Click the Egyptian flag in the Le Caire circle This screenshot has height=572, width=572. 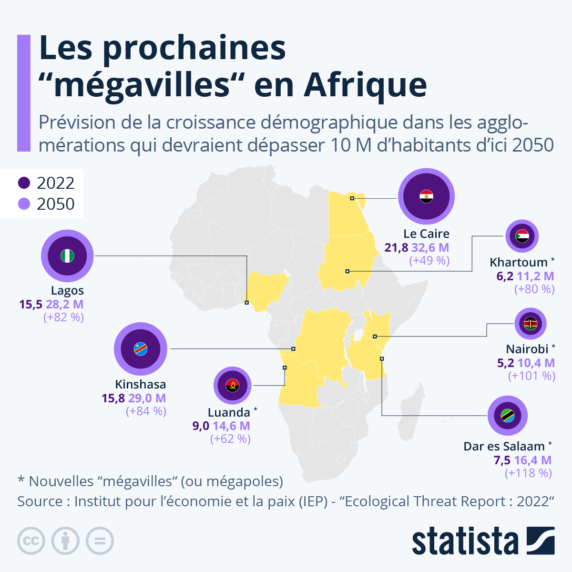426,196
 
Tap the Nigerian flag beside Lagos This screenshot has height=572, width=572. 67,256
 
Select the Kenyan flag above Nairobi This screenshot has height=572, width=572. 531,324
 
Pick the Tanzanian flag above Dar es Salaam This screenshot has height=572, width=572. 507,416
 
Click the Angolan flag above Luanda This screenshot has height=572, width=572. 232,385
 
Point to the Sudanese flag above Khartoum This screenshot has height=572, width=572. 522,236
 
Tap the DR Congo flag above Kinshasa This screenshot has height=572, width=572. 141,349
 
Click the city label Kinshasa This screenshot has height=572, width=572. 141,384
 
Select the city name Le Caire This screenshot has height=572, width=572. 426,234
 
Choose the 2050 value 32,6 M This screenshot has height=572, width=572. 430,248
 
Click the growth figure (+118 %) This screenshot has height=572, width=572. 528,473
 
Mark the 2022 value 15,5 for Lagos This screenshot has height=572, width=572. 31,304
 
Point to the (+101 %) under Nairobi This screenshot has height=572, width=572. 531,376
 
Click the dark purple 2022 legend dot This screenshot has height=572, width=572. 24,183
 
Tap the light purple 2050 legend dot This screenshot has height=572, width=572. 24,204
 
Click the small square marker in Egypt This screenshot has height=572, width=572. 352,198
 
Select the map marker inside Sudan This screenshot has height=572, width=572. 347,271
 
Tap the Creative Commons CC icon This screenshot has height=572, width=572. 31,541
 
